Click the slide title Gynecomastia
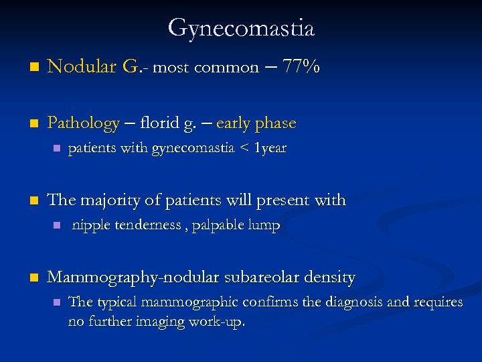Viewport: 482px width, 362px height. [241, 28]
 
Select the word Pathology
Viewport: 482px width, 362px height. [83, 123]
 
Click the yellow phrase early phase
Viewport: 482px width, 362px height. [256, 123]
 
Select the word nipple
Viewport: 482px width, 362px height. [89, 225]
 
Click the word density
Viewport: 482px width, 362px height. [329, 276]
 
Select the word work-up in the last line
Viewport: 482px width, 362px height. [220, 321]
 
